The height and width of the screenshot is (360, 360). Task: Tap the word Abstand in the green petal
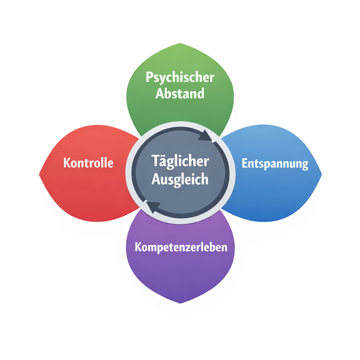[x=180, y=94]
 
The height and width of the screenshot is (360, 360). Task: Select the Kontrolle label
[x=88, y=163]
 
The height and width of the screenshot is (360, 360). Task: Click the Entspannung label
[x=275, y=164]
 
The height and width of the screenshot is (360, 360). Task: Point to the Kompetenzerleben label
[x=181, y=247]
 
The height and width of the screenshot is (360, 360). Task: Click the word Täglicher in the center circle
[x=180, y=162]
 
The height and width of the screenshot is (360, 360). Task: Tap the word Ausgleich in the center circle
[x=180, y=179]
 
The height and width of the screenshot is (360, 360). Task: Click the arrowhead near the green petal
[x=206, y=135]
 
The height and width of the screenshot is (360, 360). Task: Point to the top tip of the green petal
[x=180, y=44]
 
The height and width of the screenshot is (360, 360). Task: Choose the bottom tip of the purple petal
[x=180, y=303]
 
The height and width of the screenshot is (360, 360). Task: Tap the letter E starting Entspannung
[x=245, y=163]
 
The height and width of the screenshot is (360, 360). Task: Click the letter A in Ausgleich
[x=156, y=179]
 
